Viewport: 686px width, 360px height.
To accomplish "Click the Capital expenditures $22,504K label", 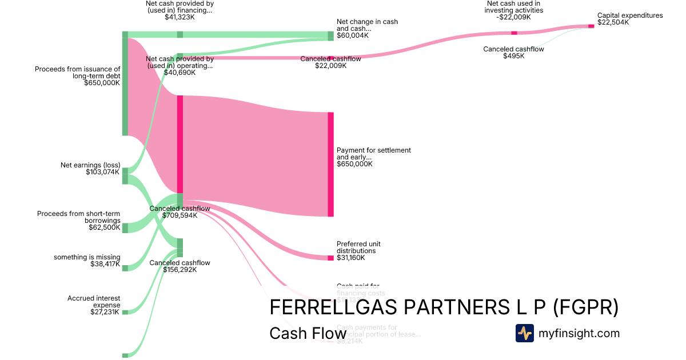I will (630, 19).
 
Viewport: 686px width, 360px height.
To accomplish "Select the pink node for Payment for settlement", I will (330, 165).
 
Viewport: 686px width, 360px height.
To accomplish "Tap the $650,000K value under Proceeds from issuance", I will (102, 83).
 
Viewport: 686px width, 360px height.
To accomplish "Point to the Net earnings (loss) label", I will (90, 165).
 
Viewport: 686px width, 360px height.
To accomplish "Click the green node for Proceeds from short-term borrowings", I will (125, 228).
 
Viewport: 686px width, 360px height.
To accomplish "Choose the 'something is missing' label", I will (87, 257).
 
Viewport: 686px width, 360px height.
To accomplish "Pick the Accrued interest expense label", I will (94, 302).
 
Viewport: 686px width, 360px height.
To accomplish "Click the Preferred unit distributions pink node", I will (330, 258).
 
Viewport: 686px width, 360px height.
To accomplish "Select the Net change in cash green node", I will (330, 35).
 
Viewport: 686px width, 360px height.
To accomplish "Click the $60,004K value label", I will (353, 35).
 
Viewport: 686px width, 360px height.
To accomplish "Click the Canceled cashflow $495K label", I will (513, 53).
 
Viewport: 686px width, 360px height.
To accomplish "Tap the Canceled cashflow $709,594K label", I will (180, 212).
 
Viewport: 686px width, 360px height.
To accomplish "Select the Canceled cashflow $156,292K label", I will (180, 266).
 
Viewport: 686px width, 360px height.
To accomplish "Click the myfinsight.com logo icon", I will (524, 333).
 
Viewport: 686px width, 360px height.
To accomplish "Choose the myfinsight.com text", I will (579, 333).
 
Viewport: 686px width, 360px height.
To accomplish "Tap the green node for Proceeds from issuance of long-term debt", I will (125, 83).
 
